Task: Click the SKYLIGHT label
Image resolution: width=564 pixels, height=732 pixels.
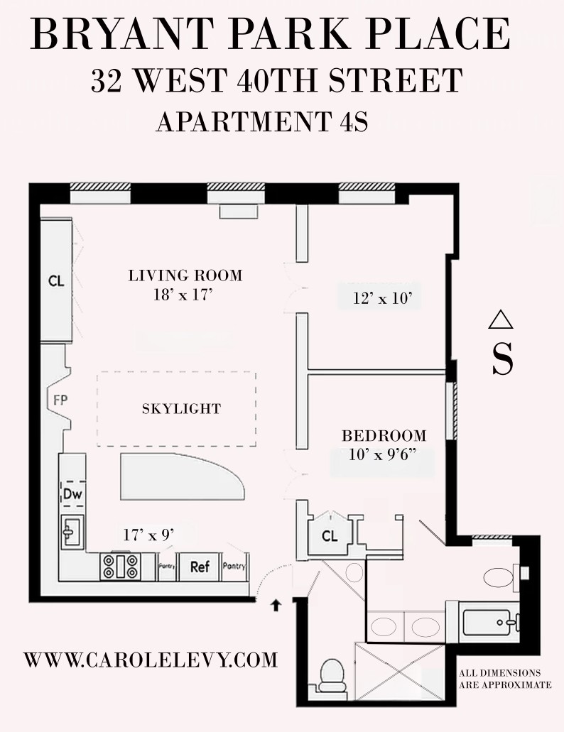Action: coord(182,409)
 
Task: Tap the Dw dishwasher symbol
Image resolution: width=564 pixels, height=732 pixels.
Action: coord(73,494)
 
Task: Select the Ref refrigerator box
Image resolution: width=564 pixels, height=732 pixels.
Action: coord(200,567)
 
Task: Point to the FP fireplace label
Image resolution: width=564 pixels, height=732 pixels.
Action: coord(60,400)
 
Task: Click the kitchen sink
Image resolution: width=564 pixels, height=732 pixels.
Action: coord(73,532)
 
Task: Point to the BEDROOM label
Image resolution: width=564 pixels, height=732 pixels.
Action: coord(384,436)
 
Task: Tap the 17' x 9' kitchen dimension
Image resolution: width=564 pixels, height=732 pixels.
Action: coord(148,535)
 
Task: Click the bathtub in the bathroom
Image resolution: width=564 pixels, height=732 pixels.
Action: coord(491,622)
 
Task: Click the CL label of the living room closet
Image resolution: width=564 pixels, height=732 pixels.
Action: coord(57,281)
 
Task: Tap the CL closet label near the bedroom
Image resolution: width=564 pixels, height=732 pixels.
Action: coord(330,535)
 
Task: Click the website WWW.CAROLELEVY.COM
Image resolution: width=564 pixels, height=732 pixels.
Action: coord(151,660)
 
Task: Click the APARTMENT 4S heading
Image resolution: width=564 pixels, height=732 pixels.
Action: coord(262,122)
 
